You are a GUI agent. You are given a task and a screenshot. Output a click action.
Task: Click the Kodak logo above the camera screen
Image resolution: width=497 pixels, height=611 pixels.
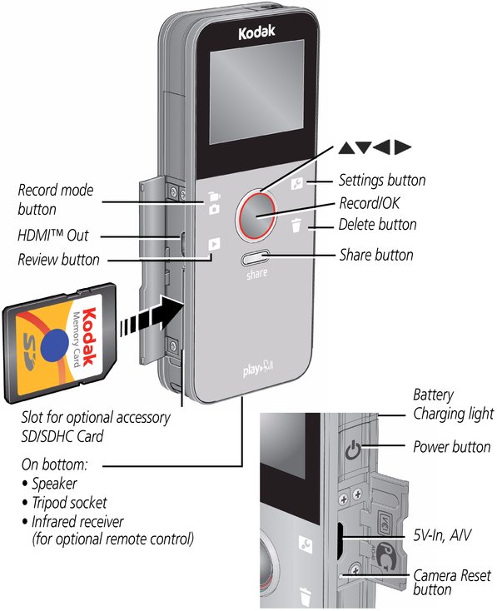(256, 32)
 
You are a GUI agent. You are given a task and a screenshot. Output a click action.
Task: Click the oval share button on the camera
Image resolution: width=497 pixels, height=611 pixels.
(256, 257)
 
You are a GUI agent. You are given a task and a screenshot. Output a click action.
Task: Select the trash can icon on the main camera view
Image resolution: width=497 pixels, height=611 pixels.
(296, 226)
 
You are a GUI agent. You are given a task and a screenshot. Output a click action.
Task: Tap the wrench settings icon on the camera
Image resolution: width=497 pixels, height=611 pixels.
(297, 183)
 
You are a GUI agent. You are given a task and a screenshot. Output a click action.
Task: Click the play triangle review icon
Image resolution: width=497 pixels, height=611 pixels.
(214, 245)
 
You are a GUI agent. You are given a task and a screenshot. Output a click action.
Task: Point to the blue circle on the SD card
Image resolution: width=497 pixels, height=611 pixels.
(55, 344)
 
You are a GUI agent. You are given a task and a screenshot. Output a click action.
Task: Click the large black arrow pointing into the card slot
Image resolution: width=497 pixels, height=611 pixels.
(152, 316)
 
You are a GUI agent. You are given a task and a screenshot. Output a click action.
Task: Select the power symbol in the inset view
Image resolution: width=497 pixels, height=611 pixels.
(352, 450)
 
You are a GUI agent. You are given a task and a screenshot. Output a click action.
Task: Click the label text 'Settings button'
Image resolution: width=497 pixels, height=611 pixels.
(382, 181)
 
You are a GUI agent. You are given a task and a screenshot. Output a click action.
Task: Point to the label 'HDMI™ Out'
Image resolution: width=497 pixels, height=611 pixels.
(53, 236)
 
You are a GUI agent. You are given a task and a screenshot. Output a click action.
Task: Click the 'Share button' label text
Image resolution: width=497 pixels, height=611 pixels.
(376, 255)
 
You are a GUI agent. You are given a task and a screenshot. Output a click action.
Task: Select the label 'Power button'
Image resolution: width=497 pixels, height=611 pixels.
(452, 446)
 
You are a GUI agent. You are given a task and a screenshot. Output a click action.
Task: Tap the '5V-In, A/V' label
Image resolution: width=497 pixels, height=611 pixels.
(442, 535)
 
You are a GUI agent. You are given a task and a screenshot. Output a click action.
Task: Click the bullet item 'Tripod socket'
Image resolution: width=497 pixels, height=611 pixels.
(69, 503)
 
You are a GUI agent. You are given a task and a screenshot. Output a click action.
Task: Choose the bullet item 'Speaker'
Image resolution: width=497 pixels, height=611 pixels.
(54, 484)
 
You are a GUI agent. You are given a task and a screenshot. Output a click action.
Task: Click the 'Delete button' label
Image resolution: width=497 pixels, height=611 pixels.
(377, 225)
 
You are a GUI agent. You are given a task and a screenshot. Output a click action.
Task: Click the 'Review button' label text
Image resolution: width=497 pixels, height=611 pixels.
(58, 260)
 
